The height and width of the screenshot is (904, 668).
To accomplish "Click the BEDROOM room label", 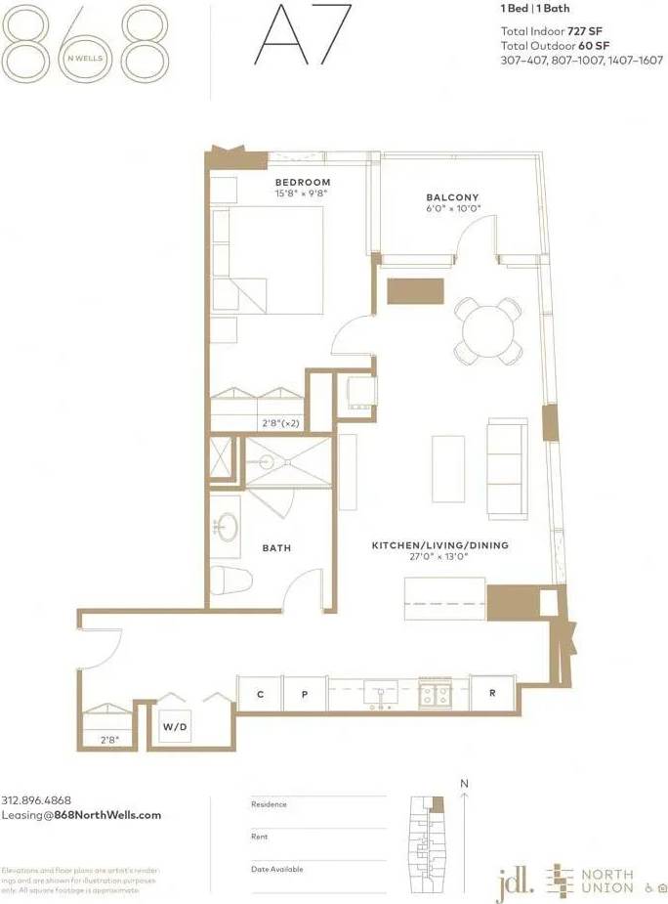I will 302,183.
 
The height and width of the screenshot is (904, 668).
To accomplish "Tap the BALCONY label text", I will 451,196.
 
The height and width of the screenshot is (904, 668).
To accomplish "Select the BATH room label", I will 276,548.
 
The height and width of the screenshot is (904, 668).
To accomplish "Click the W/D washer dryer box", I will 175,728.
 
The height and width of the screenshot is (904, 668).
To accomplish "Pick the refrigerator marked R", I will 491,693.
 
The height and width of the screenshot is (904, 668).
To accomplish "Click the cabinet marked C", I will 260,694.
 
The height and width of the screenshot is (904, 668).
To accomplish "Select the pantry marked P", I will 304,694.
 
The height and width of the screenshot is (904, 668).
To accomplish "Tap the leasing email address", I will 81,814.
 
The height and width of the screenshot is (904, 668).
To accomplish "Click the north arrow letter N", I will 465,784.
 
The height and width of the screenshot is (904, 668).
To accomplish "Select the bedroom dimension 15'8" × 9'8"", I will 302,194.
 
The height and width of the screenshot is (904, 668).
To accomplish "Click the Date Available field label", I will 277,869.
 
